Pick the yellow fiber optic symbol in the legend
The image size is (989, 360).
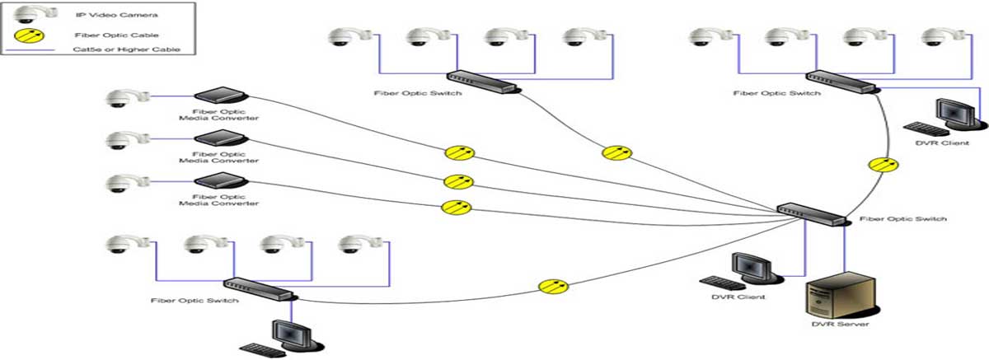[29, 35]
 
